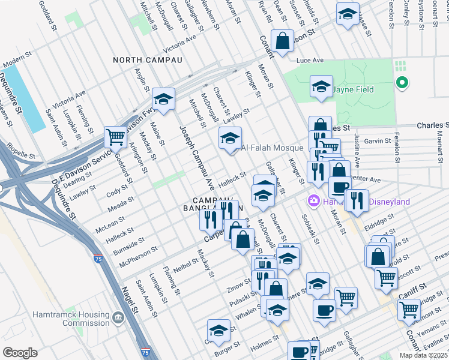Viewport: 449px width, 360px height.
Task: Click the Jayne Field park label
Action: pyautogui.click(x=353, y=90)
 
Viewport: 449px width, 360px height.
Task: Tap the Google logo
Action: pyautogui.click(x=20, y=353)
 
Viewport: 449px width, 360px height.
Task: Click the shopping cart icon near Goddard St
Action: pyautogui.click(x=115, y=137)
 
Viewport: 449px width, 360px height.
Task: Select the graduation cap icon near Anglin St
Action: pyautogui.click(x=163, y=98)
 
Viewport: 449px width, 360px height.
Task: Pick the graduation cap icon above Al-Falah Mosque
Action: pyautogui.click(x=229, y=138)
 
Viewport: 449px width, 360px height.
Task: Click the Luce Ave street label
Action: pyautogui.click(x=310, y=61)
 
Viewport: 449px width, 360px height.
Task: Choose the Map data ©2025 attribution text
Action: pyautogui.click(x=424, y=355)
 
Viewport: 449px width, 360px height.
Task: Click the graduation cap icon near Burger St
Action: pyautogui.click(x=218, y=330)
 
